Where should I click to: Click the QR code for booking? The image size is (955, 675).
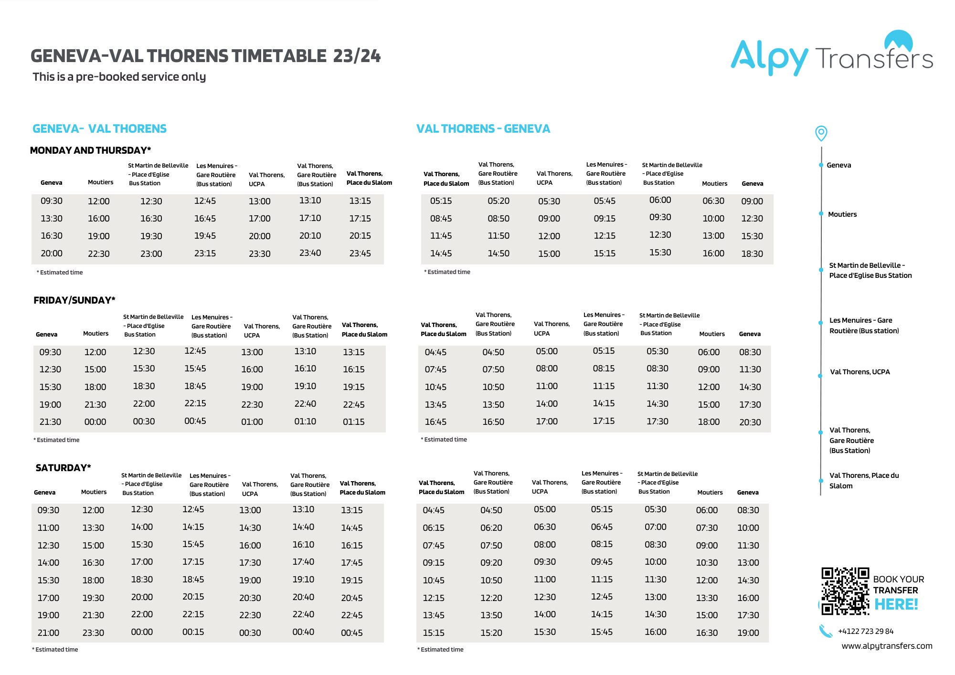(845, 591)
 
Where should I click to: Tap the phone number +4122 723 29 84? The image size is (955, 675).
(865, 631)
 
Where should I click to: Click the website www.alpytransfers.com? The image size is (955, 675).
(886, 646)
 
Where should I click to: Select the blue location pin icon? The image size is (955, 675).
(821, 133)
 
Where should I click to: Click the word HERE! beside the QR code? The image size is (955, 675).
(896, 604)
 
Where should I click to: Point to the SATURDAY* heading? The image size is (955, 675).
(63, 468)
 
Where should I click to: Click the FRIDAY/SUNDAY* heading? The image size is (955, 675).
(74, 300)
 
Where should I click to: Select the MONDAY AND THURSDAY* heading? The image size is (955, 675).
(90, 150)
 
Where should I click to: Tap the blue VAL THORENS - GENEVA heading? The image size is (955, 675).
(483, 129)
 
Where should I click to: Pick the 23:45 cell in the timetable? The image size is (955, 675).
(360, 253)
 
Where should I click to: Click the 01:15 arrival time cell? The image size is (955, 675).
(353, 422)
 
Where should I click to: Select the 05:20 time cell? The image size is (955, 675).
(498, 201)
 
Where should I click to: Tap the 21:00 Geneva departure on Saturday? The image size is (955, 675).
(48, 633)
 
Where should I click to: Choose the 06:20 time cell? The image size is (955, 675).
(491, 527)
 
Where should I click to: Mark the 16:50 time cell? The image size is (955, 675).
(493, 422)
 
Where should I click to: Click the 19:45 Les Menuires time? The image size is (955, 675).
(205, 236)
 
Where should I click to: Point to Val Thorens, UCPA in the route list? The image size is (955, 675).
(859, 372)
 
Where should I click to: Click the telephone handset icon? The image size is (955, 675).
(826, 631)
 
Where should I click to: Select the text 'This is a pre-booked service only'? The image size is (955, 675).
(119, 77)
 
